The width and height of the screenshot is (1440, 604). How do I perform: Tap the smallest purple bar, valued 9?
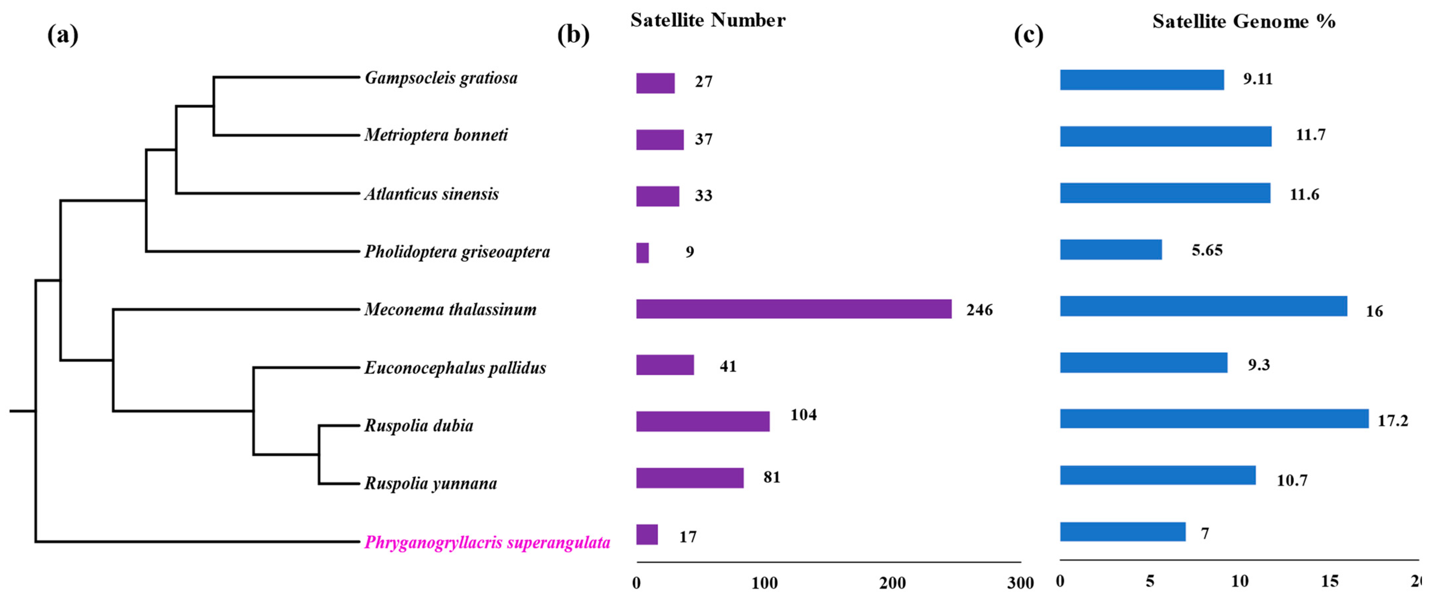(642, 253)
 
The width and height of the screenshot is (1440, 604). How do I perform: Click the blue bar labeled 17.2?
(1214, 418)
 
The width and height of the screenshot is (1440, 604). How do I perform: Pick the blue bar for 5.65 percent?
(1111, 250)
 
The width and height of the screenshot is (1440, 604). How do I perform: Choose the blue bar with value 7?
(1123, 532)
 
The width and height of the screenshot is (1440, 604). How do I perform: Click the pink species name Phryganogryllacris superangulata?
(487, 542)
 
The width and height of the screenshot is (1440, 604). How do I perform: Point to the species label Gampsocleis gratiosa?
(441, 78)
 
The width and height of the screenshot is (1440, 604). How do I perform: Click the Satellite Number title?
(708, 20)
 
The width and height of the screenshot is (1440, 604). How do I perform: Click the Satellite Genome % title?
(1244, 21)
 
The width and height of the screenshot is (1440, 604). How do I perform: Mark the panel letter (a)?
(63, 34)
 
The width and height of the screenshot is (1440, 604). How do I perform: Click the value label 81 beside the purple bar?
(772, 477)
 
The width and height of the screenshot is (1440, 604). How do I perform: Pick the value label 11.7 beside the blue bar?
(1310, 135)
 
